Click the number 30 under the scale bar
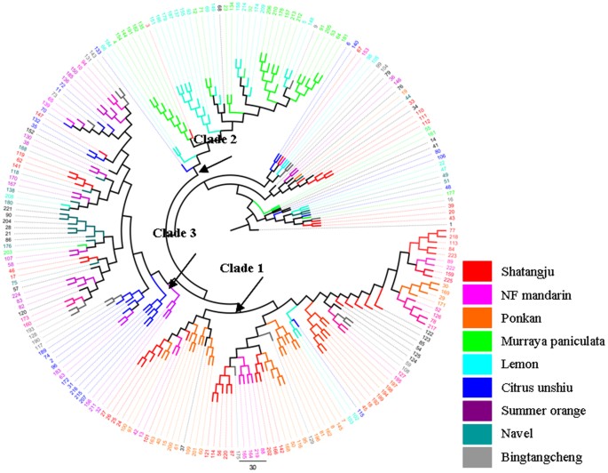pyautogui.click(x=251, y=466)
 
